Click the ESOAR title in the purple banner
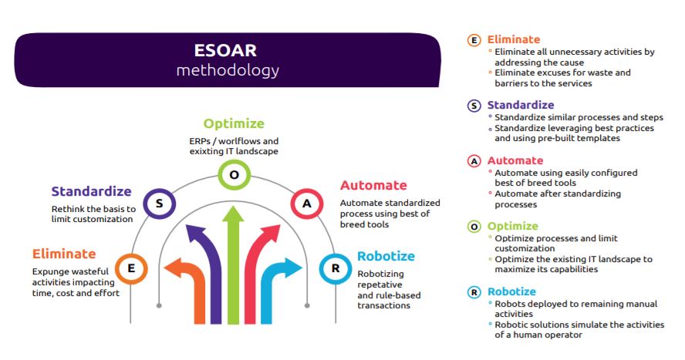click(x=225, y=51)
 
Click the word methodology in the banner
click(x=228, y=70)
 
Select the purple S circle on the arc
click(x=160, y=204)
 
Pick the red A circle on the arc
click(x=307, y=204)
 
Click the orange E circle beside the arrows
click(x=131, y=269)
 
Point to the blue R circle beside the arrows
click(x=336, y=269)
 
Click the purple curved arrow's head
click(x=195, y=234)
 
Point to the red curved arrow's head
click(x=271, y=234)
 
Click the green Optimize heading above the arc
click(x=234, y=124)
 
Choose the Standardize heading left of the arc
click(x=91, y=191)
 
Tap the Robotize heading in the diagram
click(x=386, y=256)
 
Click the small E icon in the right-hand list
click(x=474, y=40)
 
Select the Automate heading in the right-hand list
click(x=515, y=160)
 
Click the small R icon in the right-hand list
click(x=474, y=292)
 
